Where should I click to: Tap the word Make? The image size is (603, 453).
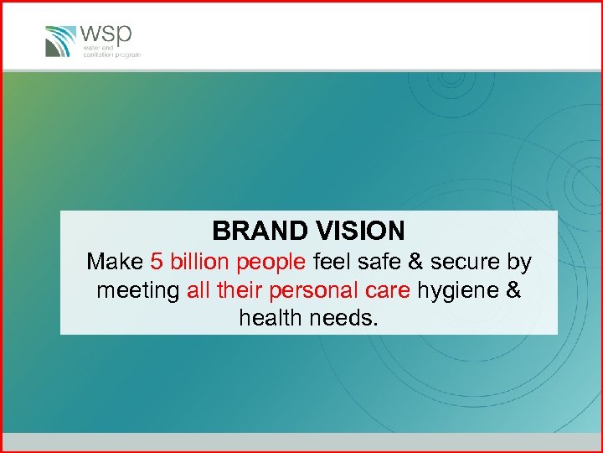(x=115, y=263)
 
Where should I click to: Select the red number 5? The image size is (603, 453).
(x=157, y=263)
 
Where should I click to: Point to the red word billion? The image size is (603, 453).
(x=198, y=263)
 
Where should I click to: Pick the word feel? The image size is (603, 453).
(x=331, y=263)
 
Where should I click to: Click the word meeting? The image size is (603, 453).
(x=138, y=291)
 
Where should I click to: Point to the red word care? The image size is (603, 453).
(x=388, y=291)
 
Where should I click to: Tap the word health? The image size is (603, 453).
(x=271, y=318)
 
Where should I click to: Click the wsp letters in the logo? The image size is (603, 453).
(x=106, y=35)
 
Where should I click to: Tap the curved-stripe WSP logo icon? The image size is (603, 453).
(x=60, y=40)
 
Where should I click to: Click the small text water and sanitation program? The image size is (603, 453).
(x=111, y=52)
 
